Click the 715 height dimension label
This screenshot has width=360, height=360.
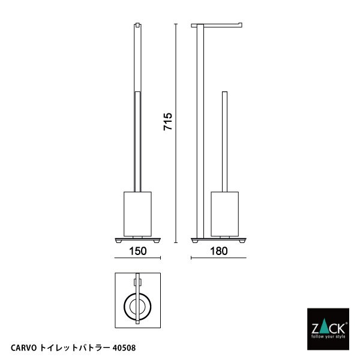tap(169, 122)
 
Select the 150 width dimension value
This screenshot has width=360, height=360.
tap(137, 251)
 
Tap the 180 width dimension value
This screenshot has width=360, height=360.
tap(218, 251)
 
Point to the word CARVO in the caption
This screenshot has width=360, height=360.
tap(24, 347)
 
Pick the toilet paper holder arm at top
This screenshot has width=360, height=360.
tap(218, 26)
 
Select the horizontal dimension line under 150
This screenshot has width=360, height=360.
tap(137, 259)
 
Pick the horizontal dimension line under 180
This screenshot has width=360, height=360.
tap(218, 259)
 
